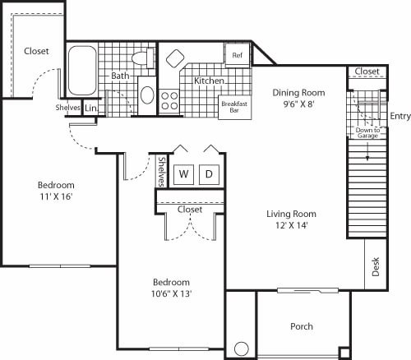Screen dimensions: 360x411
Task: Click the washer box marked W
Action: tap(184, 174)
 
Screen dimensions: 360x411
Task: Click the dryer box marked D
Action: tap(209, 174)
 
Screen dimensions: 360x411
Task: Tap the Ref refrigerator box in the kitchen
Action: tap(237, 55)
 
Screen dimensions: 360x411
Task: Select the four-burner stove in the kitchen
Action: tap(169, 100)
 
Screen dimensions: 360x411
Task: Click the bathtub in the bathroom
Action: tap(82, 71)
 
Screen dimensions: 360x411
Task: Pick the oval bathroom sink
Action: tap(147, 95)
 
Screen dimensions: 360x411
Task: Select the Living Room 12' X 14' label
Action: tap(291, 219)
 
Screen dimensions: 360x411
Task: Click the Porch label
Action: tap(302, 326)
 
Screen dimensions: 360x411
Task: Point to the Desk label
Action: tap(376, 267)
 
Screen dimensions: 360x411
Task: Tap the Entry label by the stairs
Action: tap(400, 116)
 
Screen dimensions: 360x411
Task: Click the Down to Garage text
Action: tap(367, 134)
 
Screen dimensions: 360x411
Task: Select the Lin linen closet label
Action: tap(90, 108)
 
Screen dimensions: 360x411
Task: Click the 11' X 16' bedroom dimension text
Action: tap(56, 197)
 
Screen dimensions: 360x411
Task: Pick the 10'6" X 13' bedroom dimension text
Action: tap(172, 293)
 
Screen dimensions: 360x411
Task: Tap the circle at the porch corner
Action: tap(242, 348)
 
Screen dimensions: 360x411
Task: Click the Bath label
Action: tap(121, 76)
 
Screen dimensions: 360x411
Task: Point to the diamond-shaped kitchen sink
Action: tap(176, 59)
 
